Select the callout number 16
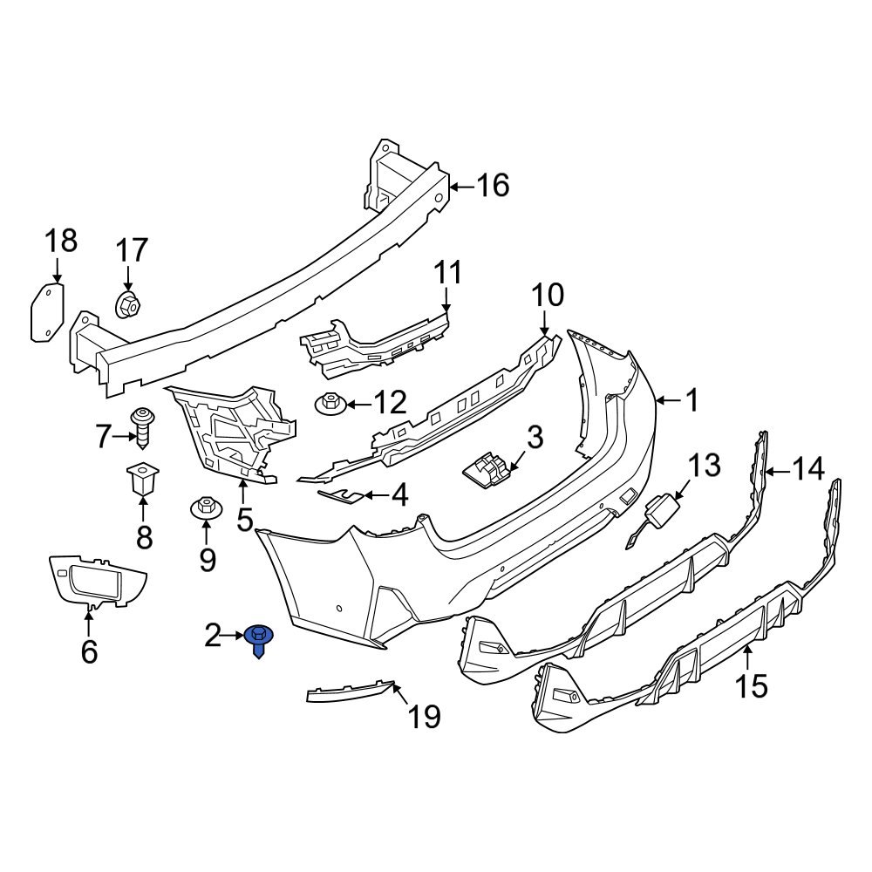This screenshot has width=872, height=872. click(x=491, y=185)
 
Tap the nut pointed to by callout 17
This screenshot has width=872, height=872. click(x=128, y=305)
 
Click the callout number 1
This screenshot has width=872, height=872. click(x=691, y=401)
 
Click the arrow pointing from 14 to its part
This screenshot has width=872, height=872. click(x=779, y=471)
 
